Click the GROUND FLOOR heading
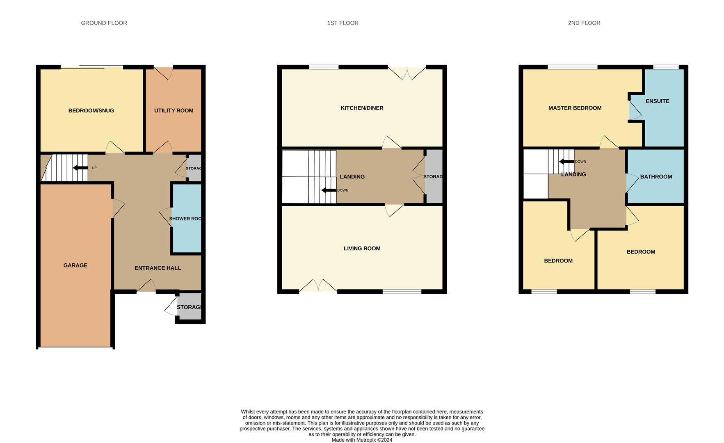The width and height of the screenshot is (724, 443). click(104, 23)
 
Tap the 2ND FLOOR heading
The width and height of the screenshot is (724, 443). click(584, 23)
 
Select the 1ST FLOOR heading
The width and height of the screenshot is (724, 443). click(343, 23)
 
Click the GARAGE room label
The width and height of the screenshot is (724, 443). click(75, 265)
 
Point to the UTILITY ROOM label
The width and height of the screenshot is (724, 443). click(174, 110)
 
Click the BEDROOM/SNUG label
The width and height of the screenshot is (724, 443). click(91, 110)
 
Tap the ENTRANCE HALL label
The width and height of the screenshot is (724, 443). click(158, 268)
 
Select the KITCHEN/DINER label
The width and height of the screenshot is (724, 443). click(362, 108)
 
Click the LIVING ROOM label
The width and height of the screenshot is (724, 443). click(362, 248)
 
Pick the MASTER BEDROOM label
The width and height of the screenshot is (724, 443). click(575, 108)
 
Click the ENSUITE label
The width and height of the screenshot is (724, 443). click(658, 101)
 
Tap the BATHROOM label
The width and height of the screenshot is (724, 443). click(656, 176)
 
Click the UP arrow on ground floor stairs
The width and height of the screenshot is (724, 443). click(80, 168)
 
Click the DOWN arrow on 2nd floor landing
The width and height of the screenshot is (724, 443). click(566, 162)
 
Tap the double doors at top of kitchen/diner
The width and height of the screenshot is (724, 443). click(407, 73)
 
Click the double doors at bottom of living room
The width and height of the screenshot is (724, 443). click(318, 285)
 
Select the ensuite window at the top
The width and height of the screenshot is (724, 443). click(666, 67)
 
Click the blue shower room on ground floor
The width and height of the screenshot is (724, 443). click(186, 218)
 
